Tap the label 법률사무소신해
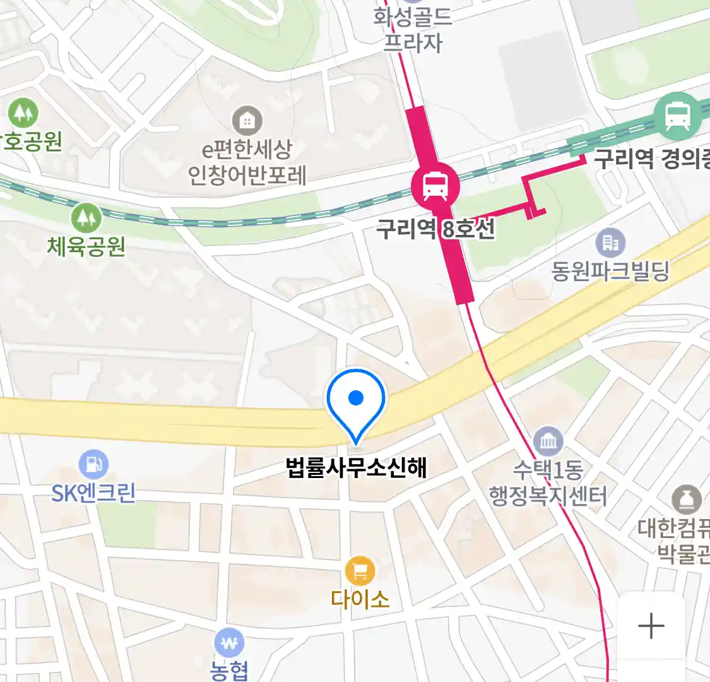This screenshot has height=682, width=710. (357, 467)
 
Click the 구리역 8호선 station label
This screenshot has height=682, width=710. (435, 228)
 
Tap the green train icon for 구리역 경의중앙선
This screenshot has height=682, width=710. (678, 116)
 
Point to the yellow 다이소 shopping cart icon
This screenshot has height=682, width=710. (360, 571)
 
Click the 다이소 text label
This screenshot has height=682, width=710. (360, 599)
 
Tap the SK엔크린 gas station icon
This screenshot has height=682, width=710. (94, 465)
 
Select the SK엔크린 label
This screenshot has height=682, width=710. (94, 493)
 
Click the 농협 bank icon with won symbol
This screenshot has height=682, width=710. (229, 643)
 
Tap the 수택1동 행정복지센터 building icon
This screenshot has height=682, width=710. (548, 441)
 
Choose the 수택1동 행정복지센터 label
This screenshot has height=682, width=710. (548, 483)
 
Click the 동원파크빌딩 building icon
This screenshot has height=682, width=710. (610, 242)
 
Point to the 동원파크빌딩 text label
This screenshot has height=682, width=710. (610, 271)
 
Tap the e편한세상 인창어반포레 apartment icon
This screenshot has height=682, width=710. (247, 120)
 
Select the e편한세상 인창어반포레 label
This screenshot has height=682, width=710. (247, 162)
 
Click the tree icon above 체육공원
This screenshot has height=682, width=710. (86, 218)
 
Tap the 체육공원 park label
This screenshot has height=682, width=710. (86, 246)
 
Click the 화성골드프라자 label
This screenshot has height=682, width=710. (413, 28)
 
